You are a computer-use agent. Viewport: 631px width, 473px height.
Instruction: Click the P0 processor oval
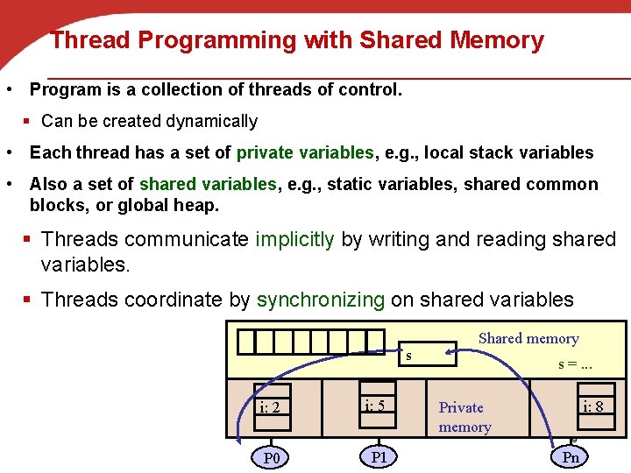click(x=271, y=457)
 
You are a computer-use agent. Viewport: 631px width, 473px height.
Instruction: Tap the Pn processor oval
click(x=571, y=456)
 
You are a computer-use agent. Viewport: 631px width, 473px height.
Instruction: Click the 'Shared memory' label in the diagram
click(x=528, y=338)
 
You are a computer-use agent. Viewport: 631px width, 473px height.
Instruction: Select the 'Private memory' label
click(x=464, y=417)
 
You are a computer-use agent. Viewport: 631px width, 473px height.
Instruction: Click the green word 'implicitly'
click(x=295, y=239)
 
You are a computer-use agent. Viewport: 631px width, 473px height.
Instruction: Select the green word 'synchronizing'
click(x=321, y=300)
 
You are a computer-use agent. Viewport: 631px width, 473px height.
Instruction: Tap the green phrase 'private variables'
click(x=305, y=152)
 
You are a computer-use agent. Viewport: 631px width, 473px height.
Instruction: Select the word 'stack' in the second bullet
click(x=498, y=152)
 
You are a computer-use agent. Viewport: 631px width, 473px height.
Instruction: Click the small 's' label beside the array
click(x=408, y=356)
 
